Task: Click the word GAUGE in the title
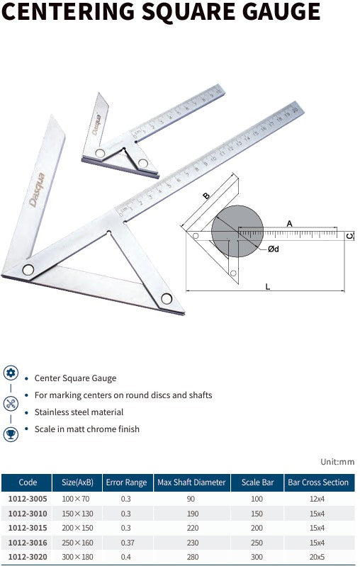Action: tap(274, 12)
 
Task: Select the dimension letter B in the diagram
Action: tap(206, 196)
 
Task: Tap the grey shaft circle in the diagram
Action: tap(237, 231)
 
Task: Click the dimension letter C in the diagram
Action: tap(350, 235)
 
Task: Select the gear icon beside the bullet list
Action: tap(11, 373)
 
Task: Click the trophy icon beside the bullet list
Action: tap(11, 434)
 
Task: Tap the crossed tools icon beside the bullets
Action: tap(11, 404)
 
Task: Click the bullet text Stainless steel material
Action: tap(79, 412)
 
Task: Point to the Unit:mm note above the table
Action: tap(337, 462)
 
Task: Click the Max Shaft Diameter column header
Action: tap(191, 482)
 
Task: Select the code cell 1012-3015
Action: tap(28, 528)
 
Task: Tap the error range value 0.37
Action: tap(126, 543)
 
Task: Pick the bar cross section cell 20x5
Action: tap(318, 557)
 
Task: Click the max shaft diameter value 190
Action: tap(191, 514)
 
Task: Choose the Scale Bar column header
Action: tap(257, 482)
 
